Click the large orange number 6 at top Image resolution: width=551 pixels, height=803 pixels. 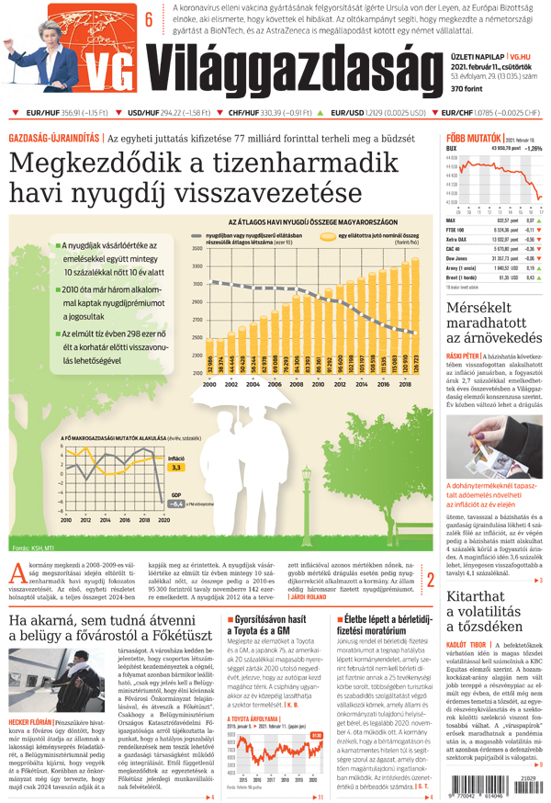click(x=149, y=19)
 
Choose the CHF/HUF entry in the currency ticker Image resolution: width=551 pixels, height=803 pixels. click(x=263, y=113)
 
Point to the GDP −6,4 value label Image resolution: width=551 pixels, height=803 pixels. click(x=174, y=503)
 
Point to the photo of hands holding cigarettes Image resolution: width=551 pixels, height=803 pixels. click(x=494, y=447)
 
